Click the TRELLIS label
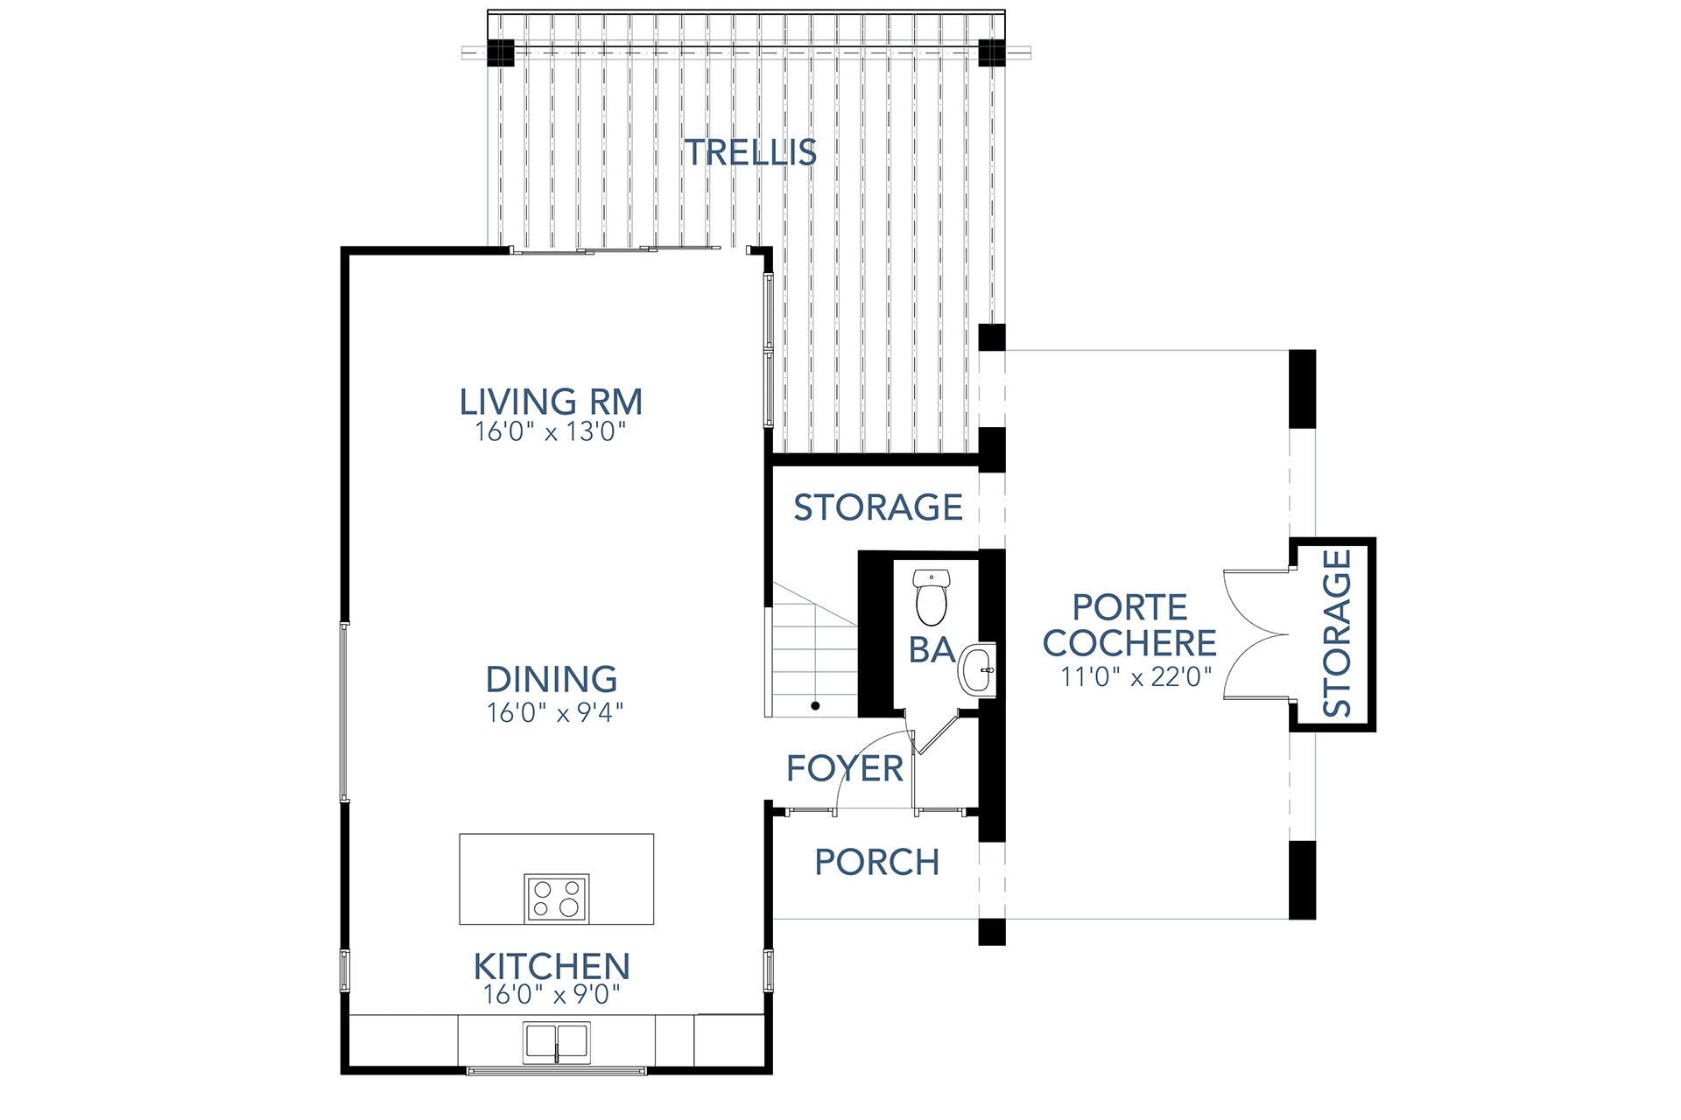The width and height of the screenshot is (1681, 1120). click(x=750, y=152)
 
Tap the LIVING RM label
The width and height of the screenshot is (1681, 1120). click(x=551, y=402)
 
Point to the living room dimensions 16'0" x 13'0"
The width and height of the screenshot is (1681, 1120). click(x=551, y=431)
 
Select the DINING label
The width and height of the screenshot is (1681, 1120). click(x=551, y=679)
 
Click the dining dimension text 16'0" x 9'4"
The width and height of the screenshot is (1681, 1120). click(x=554, y=713)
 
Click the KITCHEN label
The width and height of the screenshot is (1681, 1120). click(x=552, y=967)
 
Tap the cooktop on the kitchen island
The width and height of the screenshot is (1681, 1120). click(x=556, y=898)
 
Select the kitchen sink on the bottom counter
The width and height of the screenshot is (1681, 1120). click(x=556, y=1041)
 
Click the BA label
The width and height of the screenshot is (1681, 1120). click(x=931, y=649)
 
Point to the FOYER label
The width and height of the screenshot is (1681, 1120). click(x=844, y=768)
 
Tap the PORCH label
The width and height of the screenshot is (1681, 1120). click(x=876, y=862)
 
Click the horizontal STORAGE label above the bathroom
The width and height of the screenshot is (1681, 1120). click(x=877, y=507)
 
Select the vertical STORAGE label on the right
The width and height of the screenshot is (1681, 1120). click(x=1336, y=633)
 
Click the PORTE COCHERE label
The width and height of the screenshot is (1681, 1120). click(x=1129, y=625)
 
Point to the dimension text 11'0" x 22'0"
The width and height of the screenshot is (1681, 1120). click(x=1136, y=677)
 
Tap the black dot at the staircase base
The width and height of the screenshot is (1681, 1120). click(x=815, y=705)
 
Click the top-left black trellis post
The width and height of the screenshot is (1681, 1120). click(x=501, y=52)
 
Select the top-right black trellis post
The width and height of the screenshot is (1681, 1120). click(x=992, y=52)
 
